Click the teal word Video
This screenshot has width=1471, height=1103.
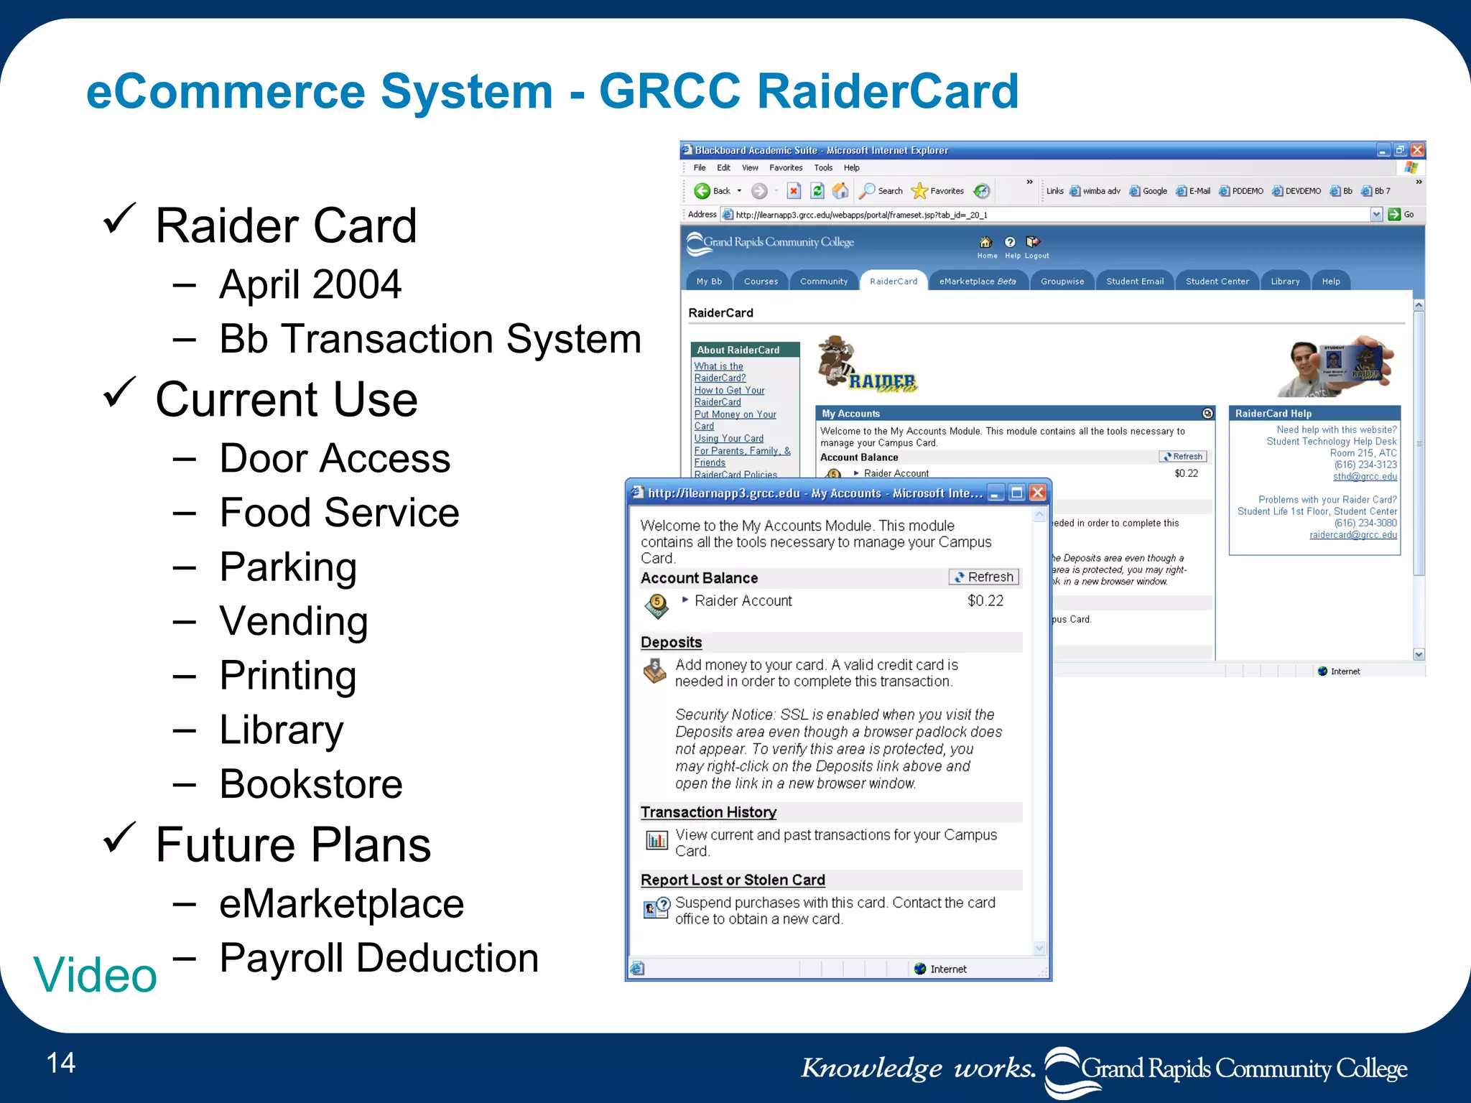point(95,975)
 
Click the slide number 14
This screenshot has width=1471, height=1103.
point(60,1063)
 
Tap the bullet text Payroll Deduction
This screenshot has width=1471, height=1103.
point(379,958)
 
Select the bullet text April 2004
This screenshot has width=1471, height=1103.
point(310,284)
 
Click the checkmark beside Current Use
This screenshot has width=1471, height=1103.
point(119,392)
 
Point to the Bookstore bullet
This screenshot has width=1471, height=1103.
point(310,783)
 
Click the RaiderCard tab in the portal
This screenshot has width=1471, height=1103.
point(893,281)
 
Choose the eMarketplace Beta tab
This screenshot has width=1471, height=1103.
point(977,281)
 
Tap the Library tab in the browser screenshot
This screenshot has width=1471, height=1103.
point(1284,281)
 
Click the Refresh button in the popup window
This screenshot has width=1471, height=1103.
point(984,577)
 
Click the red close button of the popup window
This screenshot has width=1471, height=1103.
point(1037,493)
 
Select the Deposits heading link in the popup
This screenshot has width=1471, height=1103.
point(671,643)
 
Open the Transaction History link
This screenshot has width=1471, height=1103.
point(708,812)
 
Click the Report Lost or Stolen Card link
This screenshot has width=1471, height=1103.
point(733,880)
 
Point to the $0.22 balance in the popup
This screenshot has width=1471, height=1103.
point(985,601)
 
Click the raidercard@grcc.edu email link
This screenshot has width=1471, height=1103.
point(1352,535)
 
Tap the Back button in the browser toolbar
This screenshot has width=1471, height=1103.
point(713,191)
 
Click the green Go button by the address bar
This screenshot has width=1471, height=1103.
point(1395,215)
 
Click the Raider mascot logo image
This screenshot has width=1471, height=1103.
point(866,366)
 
